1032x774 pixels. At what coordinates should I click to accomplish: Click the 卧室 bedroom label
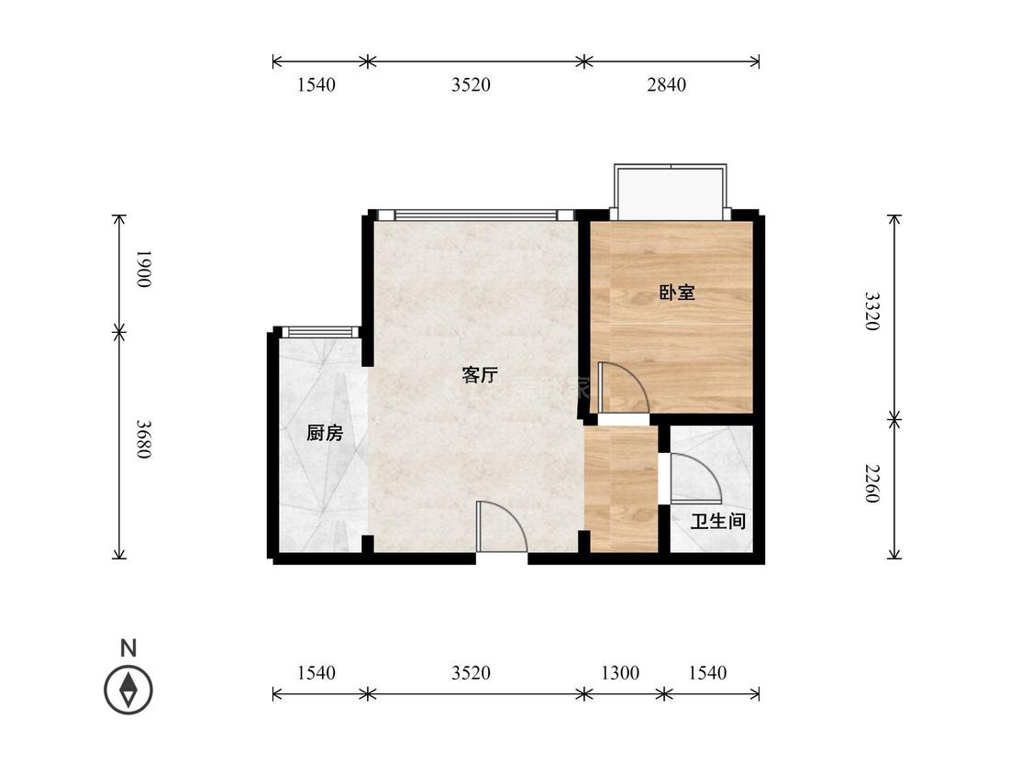point(677,293)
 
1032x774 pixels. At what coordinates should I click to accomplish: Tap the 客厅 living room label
point(480,375)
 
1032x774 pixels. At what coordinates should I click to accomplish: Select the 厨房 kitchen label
point(325,433)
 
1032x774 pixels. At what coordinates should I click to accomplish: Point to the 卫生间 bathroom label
point(718,521)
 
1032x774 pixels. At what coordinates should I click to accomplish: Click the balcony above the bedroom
point(671,192)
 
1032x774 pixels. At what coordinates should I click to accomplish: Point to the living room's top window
point(476,215)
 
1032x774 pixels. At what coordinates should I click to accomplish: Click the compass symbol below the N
point(128,690)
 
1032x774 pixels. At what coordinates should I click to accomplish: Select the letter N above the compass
point(128,648)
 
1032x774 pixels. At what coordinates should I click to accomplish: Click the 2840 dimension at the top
point(666,85)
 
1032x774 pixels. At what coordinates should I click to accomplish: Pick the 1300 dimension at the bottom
point(620,672)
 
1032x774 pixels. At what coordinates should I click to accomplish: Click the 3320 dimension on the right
point(871,311)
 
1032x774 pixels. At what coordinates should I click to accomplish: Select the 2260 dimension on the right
point(871,484)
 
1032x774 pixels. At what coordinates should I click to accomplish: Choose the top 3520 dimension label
point(471,85)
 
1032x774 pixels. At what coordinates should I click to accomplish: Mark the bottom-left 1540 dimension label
point(316,672)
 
